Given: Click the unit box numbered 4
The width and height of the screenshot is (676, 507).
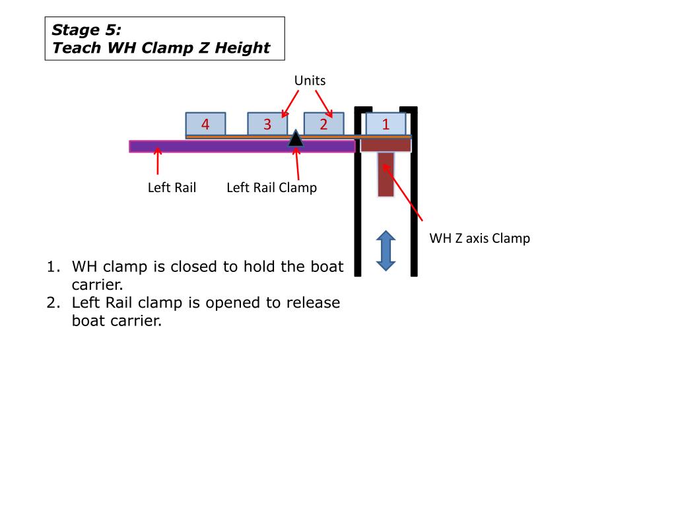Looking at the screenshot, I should pos(205,124).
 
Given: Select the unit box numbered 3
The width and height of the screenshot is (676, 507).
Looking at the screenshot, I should pos(267,124).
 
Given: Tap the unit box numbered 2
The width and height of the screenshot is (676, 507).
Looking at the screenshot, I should pos(323,124).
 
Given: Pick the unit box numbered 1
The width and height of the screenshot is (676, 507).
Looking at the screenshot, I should pos(386,124).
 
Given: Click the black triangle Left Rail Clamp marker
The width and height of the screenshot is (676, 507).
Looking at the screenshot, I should pos(296,138).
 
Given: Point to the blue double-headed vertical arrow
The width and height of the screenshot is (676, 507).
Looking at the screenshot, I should pos(386,251).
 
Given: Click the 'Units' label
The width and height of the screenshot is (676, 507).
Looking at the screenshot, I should pos(310,81).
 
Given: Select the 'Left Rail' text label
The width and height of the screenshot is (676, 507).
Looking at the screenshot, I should pos(172,187).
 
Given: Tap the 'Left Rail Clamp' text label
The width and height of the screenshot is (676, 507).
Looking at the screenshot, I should pos(271,187).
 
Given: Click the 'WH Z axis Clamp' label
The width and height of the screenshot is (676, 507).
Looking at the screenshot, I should pos(479,238).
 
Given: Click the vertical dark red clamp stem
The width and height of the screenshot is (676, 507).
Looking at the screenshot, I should pos(386,174).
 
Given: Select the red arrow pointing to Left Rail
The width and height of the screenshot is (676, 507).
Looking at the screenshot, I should pos(157,161).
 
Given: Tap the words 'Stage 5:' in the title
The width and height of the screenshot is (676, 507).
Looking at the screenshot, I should pos(86,30).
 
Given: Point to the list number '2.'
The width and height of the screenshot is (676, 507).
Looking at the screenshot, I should pos(53,303).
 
